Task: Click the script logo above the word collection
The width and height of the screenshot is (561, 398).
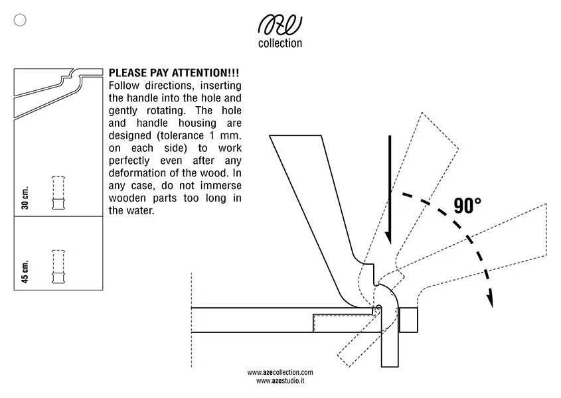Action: [280, 26]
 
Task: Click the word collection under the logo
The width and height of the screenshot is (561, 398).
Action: [280, 44]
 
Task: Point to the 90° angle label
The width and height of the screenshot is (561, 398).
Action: [467, 206]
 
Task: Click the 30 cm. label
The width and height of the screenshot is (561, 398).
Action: [25, 198]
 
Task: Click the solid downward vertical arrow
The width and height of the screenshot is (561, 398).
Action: [390, 192]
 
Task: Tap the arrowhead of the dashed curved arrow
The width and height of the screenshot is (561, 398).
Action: [491, 300]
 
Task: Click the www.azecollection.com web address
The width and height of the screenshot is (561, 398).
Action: [280, 373]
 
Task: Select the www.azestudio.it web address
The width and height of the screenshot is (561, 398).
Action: [280, 381]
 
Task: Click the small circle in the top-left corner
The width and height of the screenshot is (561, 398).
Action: [20, 21]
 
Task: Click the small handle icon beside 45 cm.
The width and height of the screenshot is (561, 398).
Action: [58, 267]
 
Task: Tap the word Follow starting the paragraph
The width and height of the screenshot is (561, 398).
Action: [122, 86]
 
